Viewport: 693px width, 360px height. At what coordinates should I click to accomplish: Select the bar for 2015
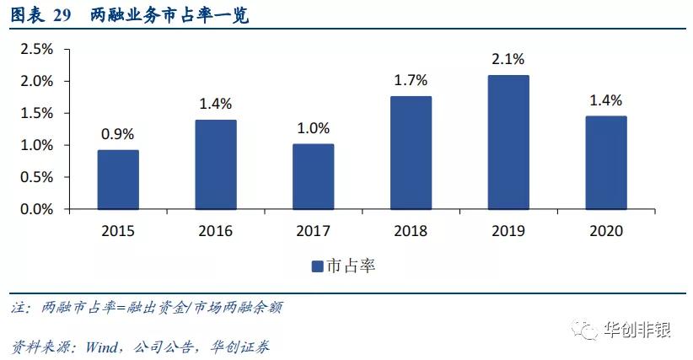(x=118, y=180)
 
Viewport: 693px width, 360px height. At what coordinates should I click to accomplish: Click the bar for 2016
(x=216, y=164)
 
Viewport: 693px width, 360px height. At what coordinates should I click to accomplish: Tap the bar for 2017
(x=314, y=176)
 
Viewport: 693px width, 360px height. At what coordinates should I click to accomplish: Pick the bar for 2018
(x=411, y=153)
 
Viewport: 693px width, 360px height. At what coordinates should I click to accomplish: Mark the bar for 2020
(x=606, y=162)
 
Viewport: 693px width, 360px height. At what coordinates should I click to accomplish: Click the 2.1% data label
(x=508, y=59)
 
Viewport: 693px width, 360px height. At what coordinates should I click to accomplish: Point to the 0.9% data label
(x=118, y=133)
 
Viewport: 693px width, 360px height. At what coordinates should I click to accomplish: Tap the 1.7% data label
(x=411, y=81)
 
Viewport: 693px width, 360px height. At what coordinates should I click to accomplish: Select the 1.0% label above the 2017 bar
(x=314, y=127)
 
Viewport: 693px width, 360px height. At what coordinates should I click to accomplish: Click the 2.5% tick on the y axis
(x=36, y=50)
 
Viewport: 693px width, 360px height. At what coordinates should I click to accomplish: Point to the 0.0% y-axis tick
(x=36, y=209)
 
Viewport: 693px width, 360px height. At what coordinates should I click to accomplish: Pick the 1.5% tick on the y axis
(x=36, y=114)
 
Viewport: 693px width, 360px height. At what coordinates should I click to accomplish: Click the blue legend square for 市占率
(x=318, y=266)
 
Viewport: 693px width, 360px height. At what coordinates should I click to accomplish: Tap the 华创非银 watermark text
(x=637, y=330)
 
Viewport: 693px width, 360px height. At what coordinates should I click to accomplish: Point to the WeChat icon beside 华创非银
(x=585, y=330)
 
